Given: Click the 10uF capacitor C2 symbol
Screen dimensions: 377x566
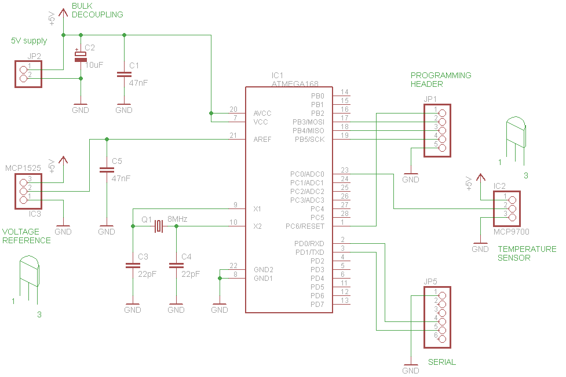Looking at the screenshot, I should pyautogui.click(x=81, y=57).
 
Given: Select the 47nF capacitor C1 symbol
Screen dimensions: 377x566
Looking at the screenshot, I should pyautogui.click(x=124, y=74).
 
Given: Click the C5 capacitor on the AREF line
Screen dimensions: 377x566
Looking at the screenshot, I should pyautogui.click(x=107, y=170).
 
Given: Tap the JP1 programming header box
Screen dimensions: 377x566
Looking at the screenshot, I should pyautogui.click(x=437, y=130).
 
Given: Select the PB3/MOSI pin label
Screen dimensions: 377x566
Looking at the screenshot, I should pyautogui.click(x=309, y=122).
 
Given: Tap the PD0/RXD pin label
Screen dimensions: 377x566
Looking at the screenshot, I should pyautogui.click(x=309, y=244).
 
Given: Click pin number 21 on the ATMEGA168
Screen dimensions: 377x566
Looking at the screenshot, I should pyautogui.click(x=233, y=136).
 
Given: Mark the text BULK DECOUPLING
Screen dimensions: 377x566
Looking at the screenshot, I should pyautogui.click(x=97, y=10).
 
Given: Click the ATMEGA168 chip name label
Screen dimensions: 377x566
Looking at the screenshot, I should pyautogui.click(x=295, y=84).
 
